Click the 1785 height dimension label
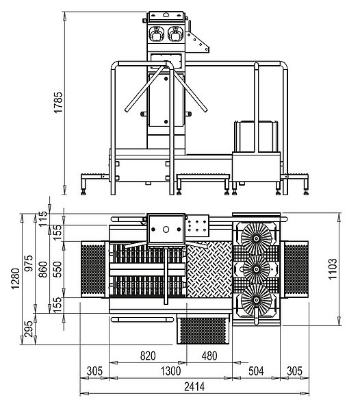58,103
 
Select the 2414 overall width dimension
194,387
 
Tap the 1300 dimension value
170,371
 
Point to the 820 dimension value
148,356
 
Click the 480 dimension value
209,356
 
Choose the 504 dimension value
256,371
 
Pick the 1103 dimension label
333,269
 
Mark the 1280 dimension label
16,278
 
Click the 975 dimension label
29,263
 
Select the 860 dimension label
42,269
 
